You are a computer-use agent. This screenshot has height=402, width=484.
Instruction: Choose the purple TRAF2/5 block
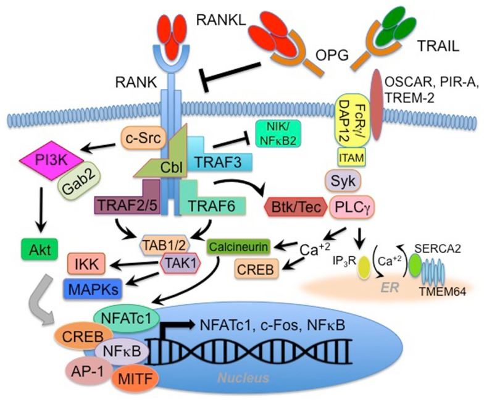[127, 203]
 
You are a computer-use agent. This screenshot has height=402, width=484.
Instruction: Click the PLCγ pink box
[351, 206]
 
